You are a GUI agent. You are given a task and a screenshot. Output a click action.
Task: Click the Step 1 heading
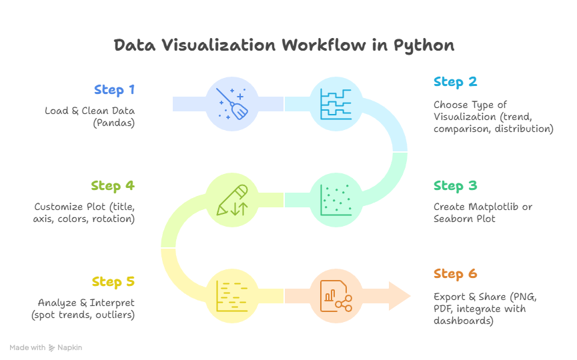coord(114,90)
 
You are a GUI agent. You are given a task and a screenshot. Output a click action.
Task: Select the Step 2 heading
coord(456,82)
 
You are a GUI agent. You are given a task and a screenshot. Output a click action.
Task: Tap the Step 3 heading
coord(456,186)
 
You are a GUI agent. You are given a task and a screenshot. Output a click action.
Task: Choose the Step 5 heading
coord(114,282)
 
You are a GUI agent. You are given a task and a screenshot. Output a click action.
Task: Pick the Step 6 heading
coord(456,274)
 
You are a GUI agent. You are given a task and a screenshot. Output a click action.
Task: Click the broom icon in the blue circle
coord(231,104)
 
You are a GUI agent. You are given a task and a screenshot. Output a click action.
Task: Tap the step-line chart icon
coord(336,104)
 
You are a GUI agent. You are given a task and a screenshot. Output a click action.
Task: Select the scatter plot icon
coord(336,199)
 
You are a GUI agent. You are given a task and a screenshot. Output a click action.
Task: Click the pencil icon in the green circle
coord(231,199)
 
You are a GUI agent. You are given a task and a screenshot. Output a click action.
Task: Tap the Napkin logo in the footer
coord(66,348)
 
